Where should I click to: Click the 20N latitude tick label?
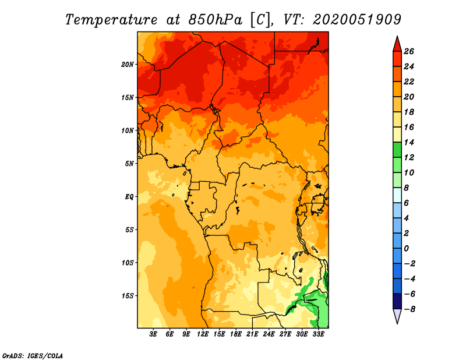click(x=128, y=64)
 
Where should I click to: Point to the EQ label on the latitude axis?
click(x=129, y=197)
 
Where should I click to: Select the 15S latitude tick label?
click(x=128, y=296)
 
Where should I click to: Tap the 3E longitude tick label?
click(x=153, y=334)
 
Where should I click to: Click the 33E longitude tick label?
click(x=318, y=334)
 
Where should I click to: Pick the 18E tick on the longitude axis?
click(x=236, y=334)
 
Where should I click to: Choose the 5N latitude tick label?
click(x=129, y=164)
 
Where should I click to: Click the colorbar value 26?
click(x=409, y=51)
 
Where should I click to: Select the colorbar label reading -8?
click(x=409, y=309)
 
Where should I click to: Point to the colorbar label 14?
click(x=409, y=142)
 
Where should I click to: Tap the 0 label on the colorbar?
click(x=406, y=249)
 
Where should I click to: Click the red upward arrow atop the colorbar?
click(x=397, y=44)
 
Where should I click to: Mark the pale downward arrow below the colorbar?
click(x=397, y=316)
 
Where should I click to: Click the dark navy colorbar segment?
click(x=397, y=301)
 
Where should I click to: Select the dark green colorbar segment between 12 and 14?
click(x=397, y=150)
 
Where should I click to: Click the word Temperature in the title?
click(x=111, y=20)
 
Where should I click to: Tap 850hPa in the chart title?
click(x=216, y=20)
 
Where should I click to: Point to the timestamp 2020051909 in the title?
click(x=357, y=20)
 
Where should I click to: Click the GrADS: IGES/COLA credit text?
click(x=33, y=356)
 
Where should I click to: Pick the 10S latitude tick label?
click(x=128, y=263)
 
